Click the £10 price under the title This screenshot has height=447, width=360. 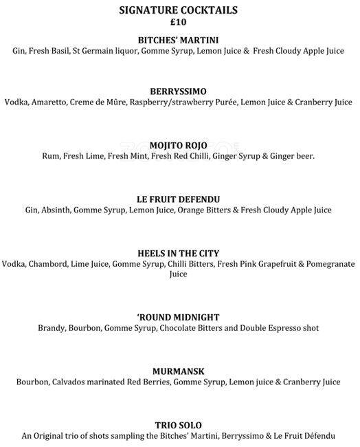click(178, 21)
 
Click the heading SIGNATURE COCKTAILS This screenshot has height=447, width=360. click(178, 10)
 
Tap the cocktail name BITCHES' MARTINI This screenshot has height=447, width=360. click(178, 40)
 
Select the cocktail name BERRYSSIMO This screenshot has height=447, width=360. click(178, 91)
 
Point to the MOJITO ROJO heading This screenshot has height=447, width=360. click(178, 145)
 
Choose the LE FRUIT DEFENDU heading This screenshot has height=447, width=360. click(178, 199)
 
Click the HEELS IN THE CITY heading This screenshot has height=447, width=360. click(178, 253)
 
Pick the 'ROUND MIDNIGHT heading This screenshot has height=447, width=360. click(178, 317)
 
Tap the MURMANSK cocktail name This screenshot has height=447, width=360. click(178, 371)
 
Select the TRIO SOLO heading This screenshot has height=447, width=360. click(178, 424)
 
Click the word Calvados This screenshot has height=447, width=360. click(72, 382)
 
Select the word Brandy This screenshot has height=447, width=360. click(52, 328)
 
